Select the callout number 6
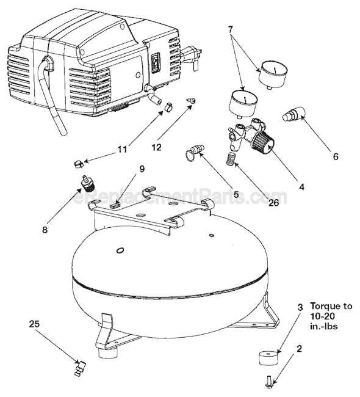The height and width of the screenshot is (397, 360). click(335, 156)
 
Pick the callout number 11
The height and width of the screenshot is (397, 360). click(121, 148)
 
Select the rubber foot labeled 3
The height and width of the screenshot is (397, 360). click(268, 357)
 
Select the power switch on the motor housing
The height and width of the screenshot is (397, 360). click(156, 62)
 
